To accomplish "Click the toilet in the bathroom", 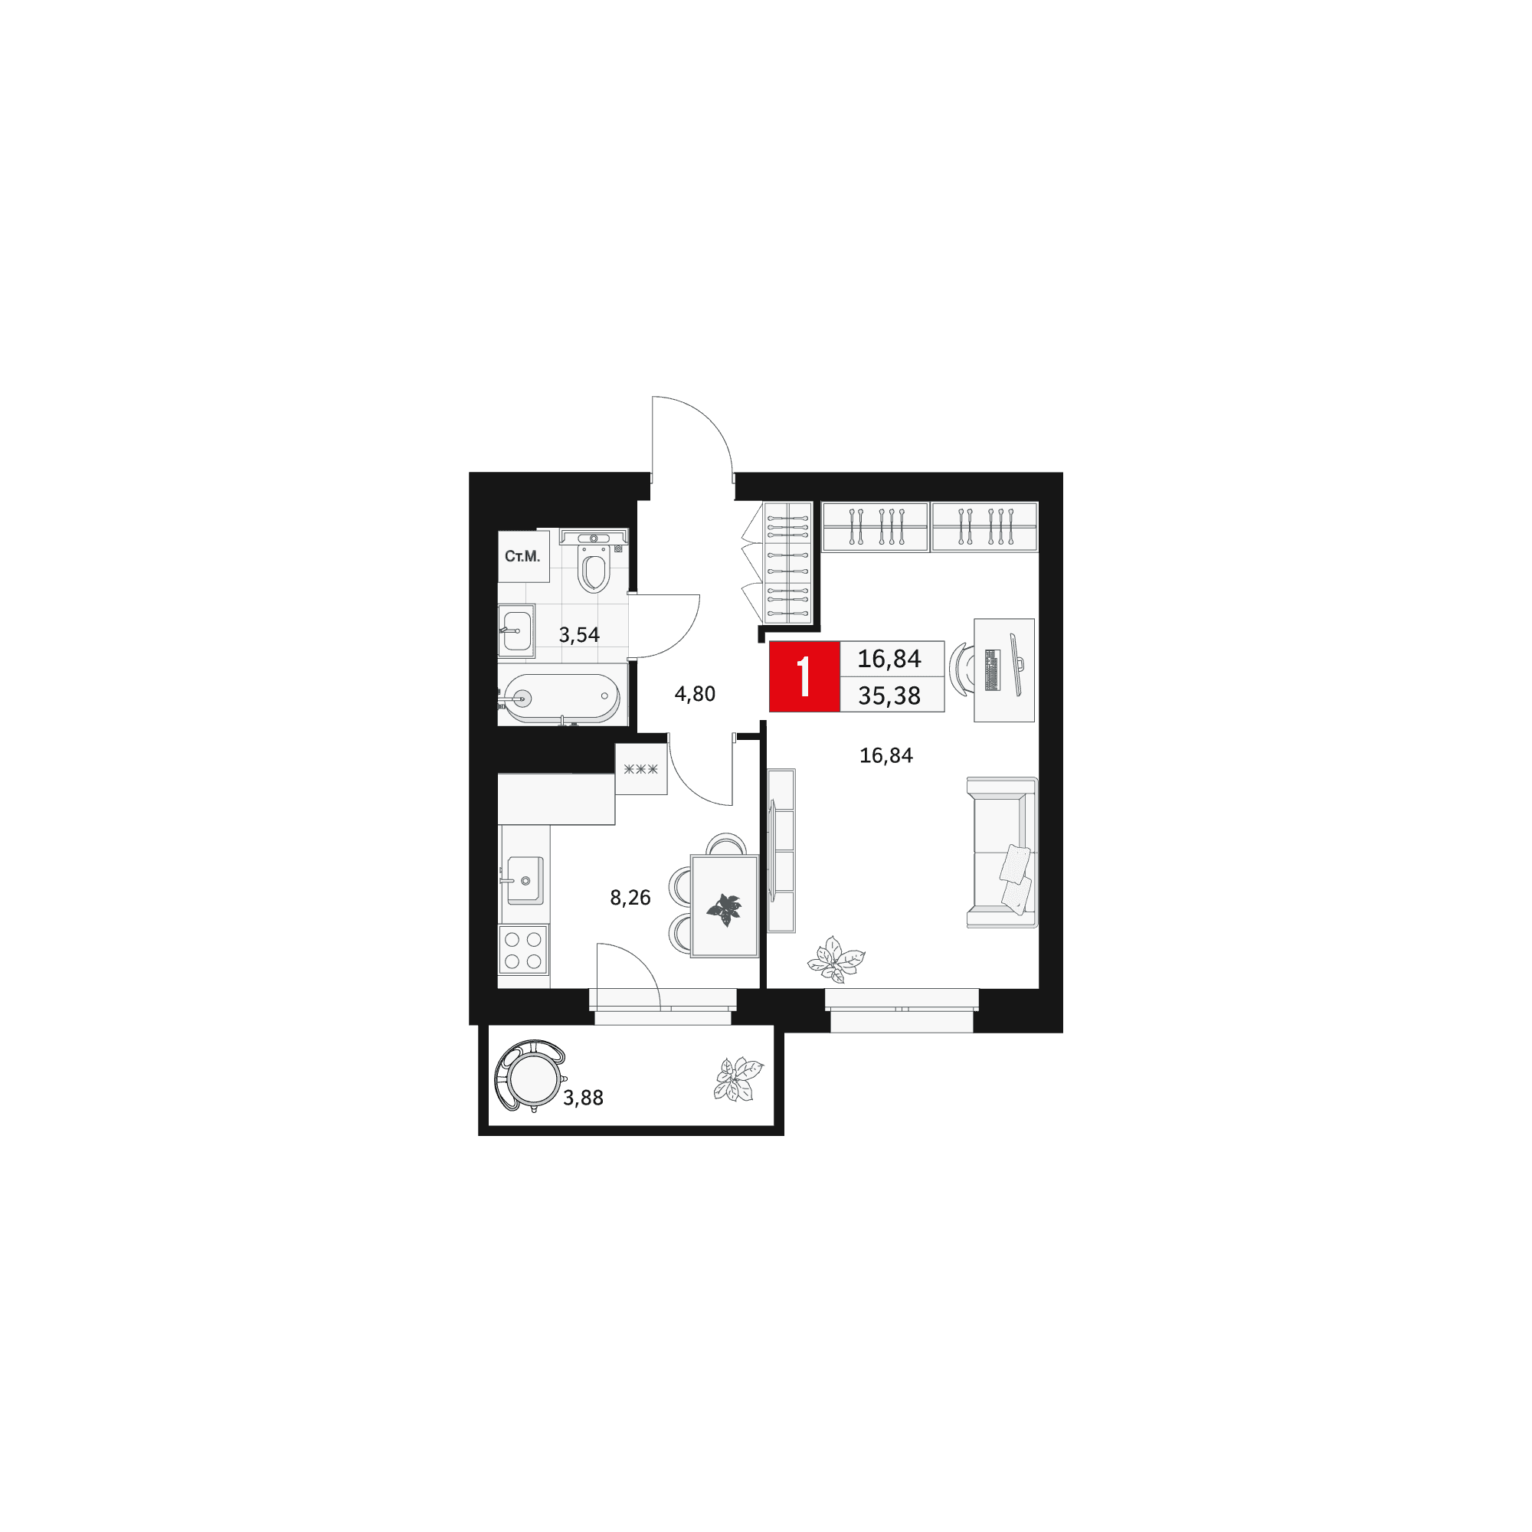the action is click(593, 561).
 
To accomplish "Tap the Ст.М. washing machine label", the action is click(522, 557).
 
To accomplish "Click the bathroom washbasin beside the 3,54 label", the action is click(516, 631).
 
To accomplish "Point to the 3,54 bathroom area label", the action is click(579, 635).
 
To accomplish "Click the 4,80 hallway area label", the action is click(695, 695).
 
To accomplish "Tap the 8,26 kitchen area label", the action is click(630, 898).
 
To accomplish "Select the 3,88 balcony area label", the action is click(583, 1098).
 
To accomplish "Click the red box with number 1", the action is click(804, 676).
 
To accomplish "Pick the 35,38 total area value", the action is click(889, 696).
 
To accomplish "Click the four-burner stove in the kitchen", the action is click(523, 950).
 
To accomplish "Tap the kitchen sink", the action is click(525, 880).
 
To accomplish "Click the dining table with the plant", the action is click(724, 905).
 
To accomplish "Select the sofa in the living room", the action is click(1002, 853).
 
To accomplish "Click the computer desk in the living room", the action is click(1004, 670).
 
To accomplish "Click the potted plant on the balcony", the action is click(738, 1079).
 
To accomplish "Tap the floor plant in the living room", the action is click(836, 961).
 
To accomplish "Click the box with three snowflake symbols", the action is click(640, 768).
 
